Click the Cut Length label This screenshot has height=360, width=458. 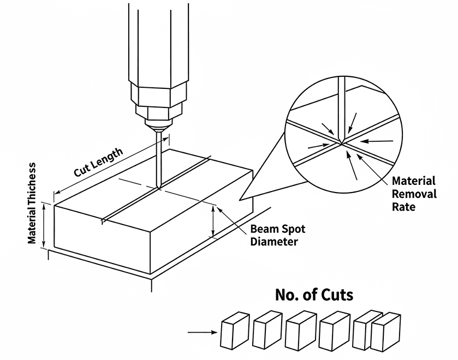tap(98, 162)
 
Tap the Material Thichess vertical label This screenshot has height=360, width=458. tap(33, 203)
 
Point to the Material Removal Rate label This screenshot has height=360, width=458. tap(414, 194)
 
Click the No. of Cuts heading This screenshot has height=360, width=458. tap(314, 295)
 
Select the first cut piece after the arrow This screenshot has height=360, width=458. tap(235, 331)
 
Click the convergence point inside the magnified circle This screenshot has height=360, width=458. tap(341, 143)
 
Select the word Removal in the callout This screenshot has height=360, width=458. tap(414, 194)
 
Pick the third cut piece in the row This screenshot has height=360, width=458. tap(300, 331)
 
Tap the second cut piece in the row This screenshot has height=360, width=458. tap(267, 331)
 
